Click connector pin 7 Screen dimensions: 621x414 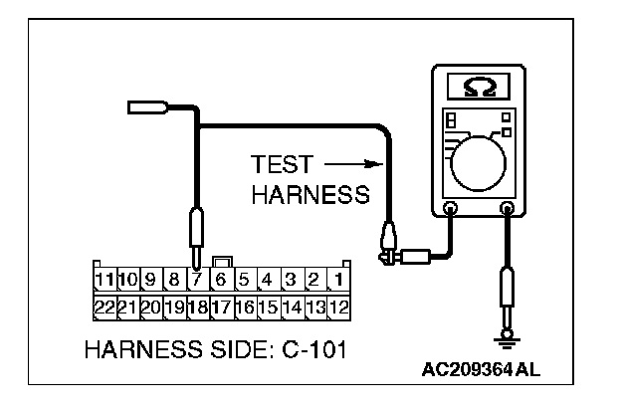[197, 281]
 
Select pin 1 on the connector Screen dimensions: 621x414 [338, 281]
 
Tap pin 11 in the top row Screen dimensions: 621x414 [103, 281]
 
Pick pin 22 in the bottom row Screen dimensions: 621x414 [103, 307]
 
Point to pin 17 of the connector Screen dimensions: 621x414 [220, 307]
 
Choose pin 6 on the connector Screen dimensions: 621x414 [220, 281]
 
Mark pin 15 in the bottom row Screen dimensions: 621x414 [267, 307]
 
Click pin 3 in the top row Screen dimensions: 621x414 [291, 281]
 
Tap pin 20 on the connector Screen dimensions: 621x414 [150, 307]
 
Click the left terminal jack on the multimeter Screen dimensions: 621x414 [450, 210]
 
